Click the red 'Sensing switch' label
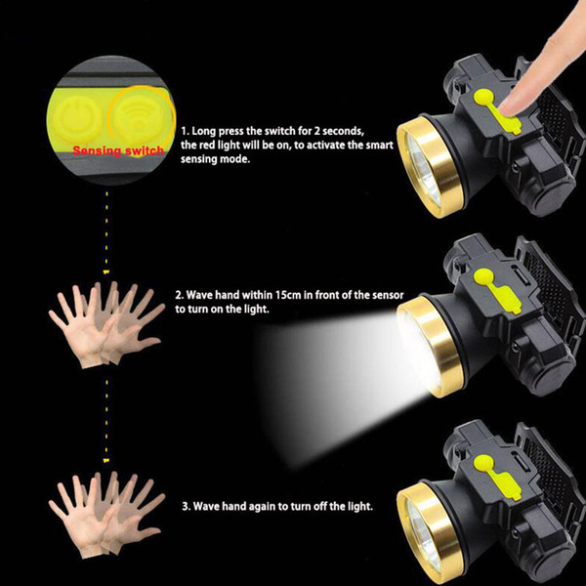coord(118,150)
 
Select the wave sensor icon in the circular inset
coord(136,115)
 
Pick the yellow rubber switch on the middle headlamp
coord(497,291)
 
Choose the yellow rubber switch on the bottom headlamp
coord(497,478)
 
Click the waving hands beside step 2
coord(106,325)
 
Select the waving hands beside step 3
coord(106,515)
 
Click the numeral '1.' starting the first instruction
coord(185,131)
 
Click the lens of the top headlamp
coord(421,169)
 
